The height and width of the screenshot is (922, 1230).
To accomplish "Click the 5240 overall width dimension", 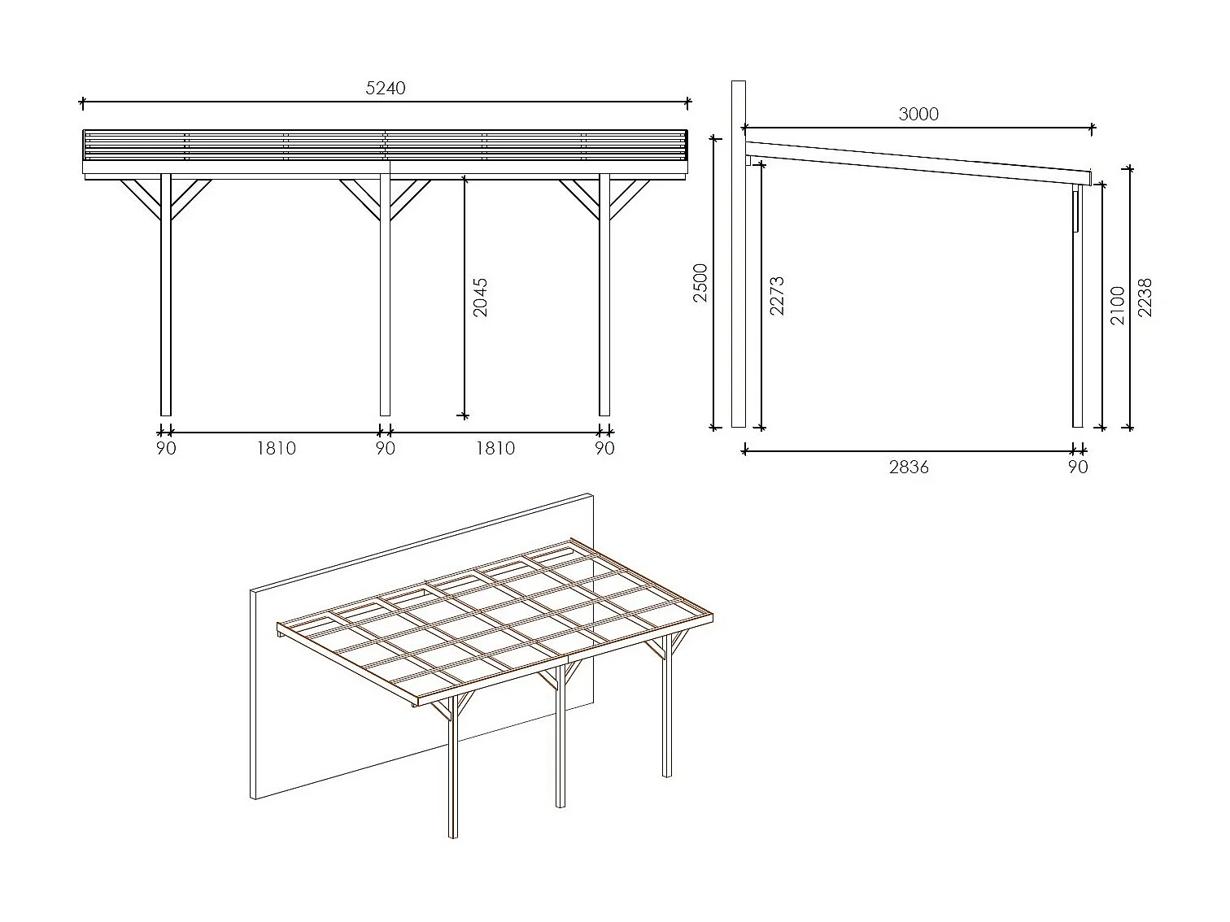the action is tap(385, 88).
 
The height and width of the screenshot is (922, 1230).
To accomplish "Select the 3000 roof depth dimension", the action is tap(918, 115).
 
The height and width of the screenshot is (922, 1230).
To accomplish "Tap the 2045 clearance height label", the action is tap(480, 297).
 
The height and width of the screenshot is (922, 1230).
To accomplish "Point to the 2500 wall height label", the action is tap(700, 282).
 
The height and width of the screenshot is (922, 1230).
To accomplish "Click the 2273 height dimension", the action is tap(776, 295).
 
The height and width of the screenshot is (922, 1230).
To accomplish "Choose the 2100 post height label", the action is tap(1117, 305).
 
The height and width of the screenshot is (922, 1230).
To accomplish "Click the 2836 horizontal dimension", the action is tap(909, 467).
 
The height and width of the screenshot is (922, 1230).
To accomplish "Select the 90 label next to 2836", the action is tap(1077, 467).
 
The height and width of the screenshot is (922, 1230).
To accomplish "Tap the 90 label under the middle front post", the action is tap(385, 448).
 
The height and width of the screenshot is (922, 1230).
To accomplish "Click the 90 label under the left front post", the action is tap(166, 448).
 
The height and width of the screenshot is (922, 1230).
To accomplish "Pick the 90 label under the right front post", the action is tap(604, 448).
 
